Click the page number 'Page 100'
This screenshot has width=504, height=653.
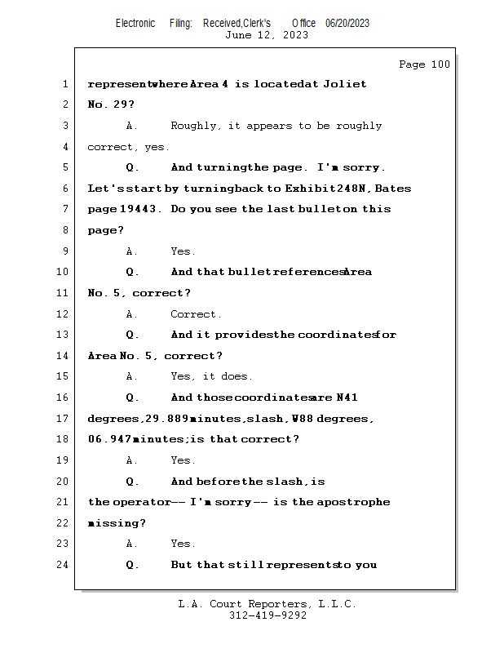tap(424, 64)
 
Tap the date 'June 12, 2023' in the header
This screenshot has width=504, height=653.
tap(267, 35)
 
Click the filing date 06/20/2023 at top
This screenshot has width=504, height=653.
tap(347, 23)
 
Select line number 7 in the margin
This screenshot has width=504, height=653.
tap(64, 209)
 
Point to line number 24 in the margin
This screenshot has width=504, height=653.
tap(62, 564)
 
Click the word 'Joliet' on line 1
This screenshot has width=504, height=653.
tap(345, 83)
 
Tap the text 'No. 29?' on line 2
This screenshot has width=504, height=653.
tap(111, 104)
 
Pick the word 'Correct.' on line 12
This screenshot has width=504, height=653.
tap(196, 313)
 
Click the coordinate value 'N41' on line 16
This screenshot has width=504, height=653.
tap(347, 398)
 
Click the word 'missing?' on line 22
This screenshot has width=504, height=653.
tap(117, 522)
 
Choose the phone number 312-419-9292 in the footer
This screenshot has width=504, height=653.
tap(267, 615)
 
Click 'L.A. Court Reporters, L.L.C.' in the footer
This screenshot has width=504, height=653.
tap(267, 604)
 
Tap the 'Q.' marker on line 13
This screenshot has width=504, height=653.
tap(132, 335)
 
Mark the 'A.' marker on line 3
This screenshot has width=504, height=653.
tap(132, 126)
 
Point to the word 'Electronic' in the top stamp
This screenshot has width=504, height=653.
tap(135, 23)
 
